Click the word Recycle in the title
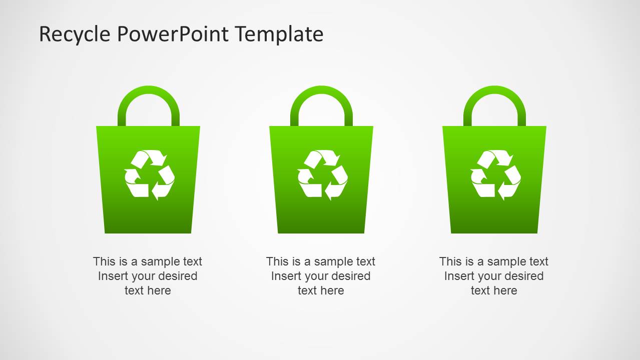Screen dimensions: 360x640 [75, 34]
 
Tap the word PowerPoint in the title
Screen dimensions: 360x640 [173, 34]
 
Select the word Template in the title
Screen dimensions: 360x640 [279, 34]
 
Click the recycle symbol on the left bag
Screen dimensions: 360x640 [149, 175]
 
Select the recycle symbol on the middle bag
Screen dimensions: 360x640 [322, 175]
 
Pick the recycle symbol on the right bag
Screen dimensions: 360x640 [495, 175]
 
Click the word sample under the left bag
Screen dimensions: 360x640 [160, 261]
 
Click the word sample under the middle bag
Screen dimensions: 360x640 [333, 261]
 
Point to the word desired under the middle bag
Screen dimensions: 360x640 [349, 276]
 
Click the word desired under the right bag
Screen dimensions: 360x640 [522, 276]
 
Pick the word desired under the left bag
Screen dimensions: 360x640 [176, 276]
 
